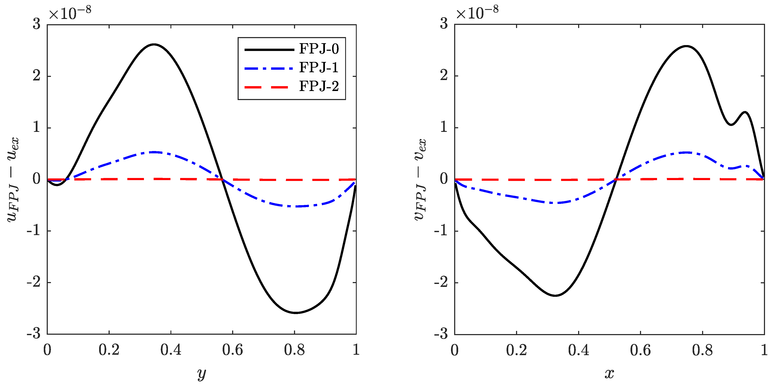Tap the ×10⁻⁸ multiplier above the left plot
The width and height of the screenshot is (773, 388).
70,13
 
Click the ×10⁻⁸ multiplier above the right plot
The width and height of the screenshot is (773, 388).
477,13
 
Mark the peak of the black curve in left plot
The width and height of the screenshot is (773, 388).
154,44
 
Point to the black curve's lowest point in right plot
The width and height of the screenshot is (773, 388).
555,296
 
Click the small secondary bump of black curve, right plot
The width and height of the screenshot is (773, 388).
745,112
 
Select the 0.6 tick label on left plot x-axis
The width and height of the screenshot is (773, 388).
233,350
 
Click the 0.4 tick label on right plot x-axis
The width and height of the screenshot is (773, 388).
578,350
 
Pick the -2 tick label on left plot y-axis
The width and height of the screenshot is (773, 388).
34,282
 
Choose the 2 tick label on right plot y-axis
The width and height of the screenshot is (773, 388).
444,76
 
